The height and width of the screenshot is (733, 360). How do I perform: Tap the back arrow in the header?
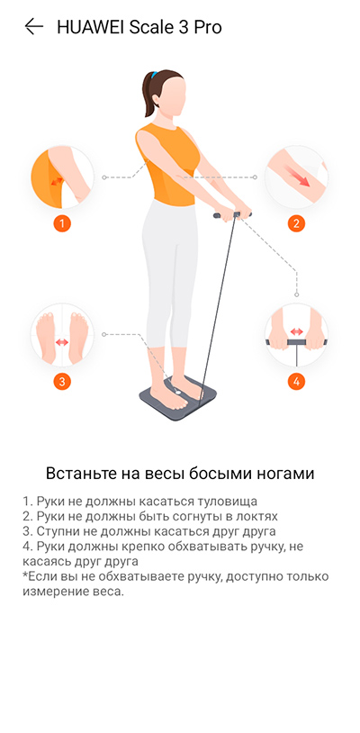[x=33, y=27]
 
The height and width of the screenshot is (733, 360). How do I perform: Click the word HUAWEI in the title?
[x=90, y=27]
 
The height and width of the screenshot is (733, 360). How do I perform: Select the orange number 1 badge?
[x=62, y=223]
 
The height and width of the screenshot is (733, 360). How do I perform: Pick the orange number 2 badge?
[x=296, y=223]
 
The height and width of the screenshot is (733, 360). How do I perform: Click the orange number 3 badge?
[x=62, y=382]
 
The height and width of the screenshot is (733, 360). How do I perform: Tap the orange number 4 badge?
[x=296, y=382]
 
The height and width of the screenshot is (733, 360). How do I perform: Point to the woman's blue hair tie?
[x=154, y=76]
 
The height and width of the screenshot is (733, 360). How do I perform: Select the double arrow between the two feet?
[x=62, y=342]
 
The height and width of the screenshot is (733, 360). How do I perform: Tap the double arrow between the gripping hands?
[x=296, y=331]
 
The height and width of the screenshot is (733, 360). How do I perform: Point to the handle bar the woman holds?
[x=232, y=215]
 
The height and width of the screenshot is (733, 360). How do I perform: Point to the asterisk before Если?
[x=24, y=575]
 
